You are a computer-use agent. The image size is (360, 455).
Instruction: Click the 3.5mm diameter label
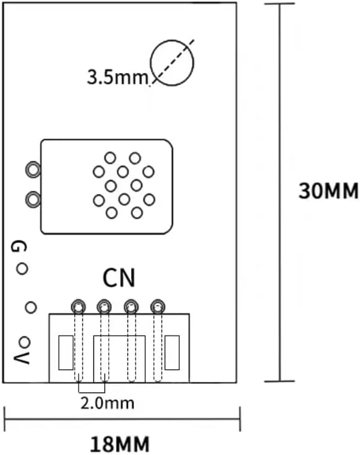117,78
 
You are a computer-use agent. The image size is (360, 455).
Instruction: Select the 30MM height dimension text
328,191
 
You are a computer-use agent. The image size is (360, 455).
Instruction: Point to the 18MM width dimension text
120,444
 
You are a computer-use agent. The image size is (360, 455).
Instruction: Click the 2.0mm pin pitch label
107,404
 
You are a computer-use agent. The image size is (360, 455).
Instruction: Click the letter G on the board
19,247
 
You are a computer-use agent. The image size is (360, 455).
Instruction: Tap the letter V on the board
20,358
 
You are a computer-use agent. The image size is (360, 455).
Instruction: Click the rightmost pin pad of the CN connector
158,306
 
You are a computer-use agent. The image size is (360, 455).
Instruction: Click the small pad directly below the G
22,269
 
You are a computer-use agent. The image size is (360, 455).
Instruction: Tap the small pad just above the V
24,342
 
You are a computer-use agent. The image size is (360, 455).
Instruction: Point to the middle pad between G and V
30,306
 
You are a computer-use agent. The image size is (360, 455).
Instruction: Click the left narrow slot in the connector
65,353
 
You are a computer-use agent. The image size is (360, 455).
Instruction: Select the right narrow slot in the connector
171,353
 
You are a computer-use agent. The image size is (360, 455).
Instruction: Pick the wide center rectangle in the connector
119,359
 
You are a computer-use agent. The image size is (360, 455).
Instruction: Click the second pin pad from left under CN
105,306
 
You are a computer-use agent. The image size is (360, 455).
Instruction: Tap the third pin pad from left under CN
131,306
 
